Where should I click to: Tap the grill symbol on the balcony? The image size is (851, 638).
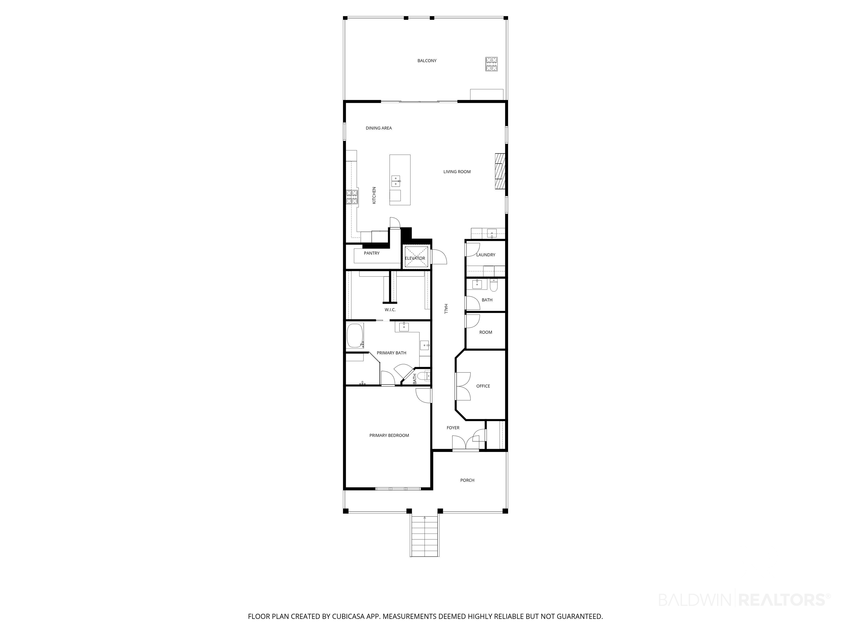pos(491,64)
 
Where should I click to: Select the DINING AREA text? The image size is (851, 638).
pos(379,128)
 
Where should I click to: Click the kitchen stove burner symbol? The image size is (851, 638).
pos(83,197)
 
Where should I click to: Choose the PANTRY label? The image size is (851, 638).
pos(372,253)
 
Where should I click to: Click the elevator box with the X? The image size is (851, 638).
pos(416,257)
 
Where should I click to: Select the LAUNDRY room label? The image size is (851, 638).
pos(486,255)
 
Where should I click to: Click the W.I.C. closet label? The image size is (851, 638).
pos(390,310)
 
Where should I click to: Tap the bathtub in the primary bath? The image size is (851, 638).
pos(355,336)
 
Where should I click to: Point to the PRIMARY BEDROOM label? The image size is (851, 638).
pos(389,435)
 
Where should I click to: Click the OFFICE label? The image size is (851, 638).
pos(483,386)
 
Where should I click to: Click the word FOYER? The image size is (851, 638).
pos(453,428)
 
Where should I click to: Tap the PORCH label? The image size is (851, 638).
pos(467,480)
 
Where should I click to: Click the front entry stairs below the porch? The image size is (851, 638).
pos(424,536)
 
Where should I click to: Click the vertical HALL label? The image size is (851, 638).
pos(446,308)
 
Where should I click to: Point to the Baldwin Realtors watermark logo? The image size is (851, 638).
pos(744,599)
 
